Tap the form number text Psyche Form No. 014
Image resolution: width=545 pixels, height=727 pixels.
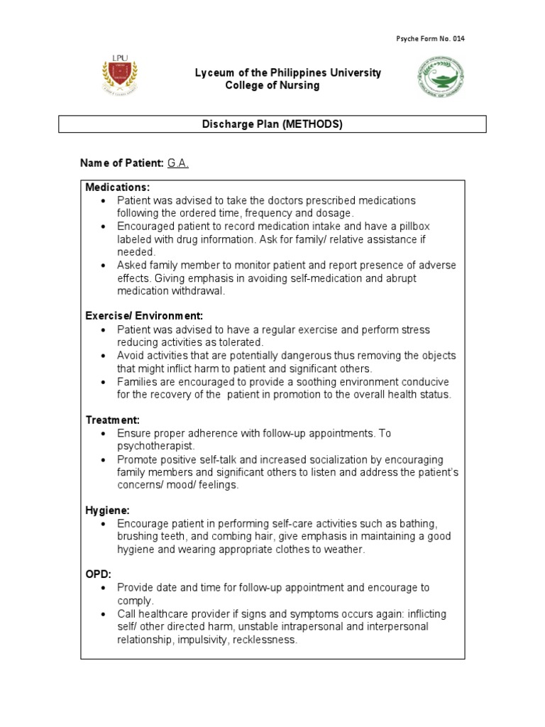429,38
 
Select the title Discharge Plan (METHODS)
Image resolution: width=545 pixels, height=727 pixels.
272,124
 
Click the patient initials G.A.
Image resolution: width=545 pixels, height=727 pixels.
178,163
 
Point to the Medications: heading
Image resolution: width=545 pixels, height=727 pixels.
118,187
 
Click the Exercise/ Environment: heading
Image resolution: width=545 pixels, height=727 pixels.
144,316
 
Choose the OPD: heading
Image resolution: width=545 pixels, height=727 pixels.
99,574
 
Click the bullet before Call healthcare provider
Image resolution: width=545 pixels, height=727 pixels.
104,614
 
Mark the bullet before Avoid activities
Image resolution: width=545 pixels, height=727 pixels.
104,356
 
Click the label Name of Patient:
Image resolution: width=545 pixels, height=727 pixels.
121,163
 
